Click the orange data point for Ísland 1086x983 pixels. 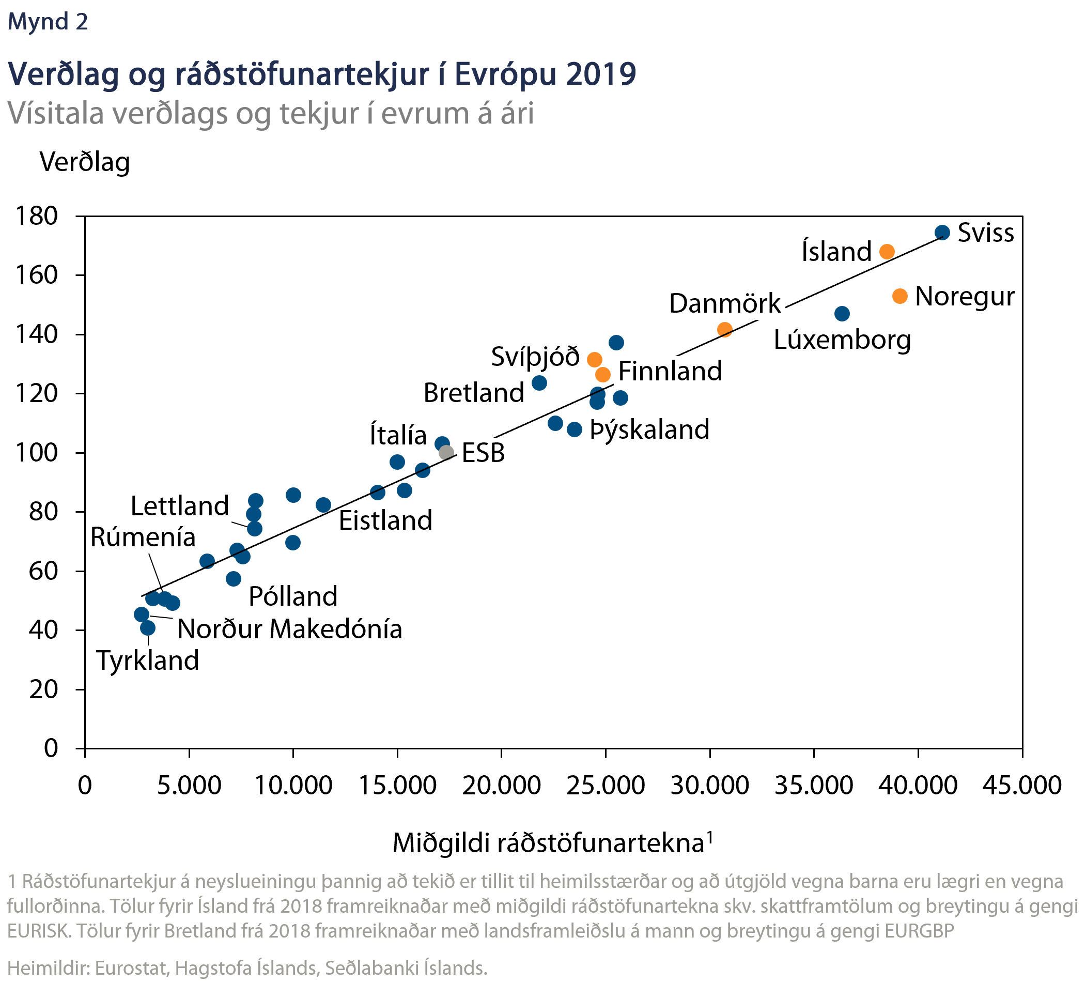tap(887, 252)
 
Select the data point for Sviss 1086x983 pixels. tap(942, 233)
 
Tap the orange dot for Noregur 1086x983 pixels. tap(899, 296)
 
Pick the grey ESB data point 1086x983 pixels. tap(446, 452)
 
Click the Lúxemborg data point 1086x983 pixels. tap(842, 314)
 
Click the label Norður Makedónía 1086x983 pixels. tap(290, 629)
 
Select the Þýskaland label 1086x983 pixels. tap(649, 429)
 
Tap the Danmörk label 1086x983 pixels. tap(724, 303)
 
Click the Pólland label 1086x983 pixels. tap(293, 596)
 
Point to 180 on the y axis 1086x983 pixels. tap(37, 216)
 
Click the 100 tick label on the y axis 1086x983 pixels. tap(37, 452)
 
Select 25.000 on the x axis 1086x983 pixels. tap(606, 785)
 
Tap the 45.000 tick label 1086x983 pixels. tap(1022, 785)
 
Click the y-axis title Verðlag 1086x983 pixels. tap(85, 162)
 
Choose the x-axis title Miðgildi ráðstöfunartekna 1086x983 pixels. tap(548, 843)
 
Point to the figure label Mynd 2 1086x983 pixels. tap(48, 22)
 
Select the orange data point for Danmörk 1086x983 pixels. tap(724, 329)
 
